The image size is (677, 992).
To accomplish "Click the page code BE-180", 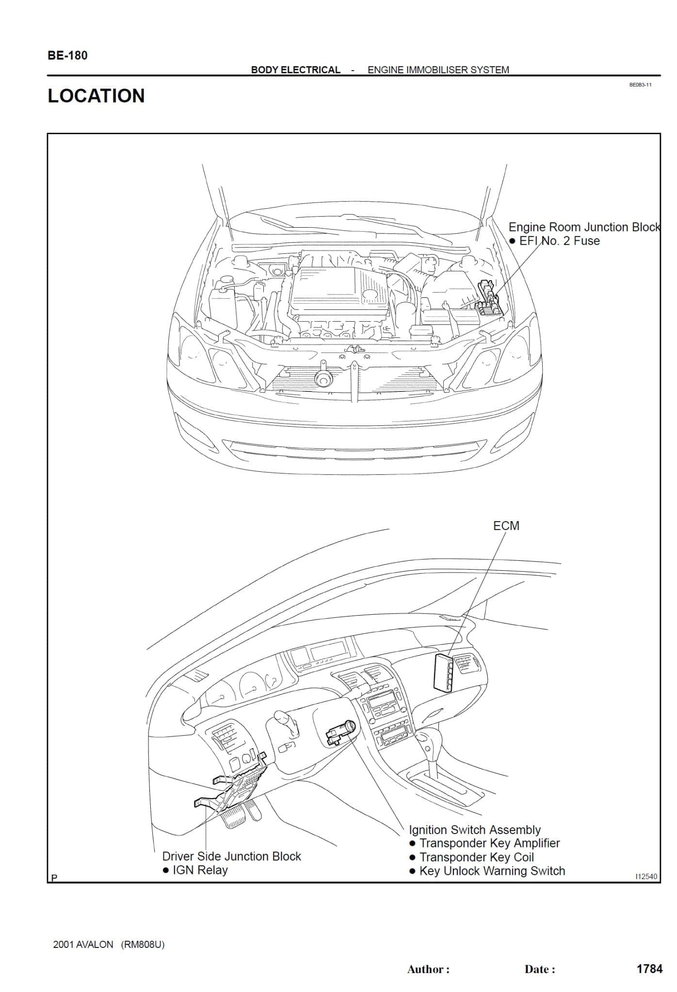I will point(67,56).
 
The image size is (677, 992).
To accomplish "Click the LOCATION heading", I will point(96,96).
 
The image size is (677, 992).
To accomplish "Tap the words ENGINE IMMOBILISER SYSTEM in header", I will point(438,70).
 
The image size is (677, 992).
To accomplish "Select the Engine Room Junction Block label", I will point(584,227).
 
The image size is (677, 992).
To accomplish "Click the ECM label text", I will point(506,526).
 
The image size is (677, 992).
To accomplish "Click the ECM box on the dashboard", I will point(443,670).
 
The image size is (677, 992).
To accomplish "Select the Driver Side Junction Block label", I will point(231,856).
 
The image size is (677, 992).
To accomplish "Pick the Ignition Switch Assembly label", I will point(474,830).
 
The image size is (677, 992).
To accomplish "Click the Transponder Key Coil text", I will point(476,857).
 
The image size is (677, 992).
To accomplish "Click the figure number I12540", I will point(646,876).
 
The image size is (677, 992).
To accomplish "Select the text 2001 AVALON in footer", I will point(83,945).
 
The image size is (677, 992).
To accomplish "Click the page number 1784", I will point(649,969).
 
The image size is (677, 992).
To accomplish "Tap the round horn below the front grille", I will point(322,379).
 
